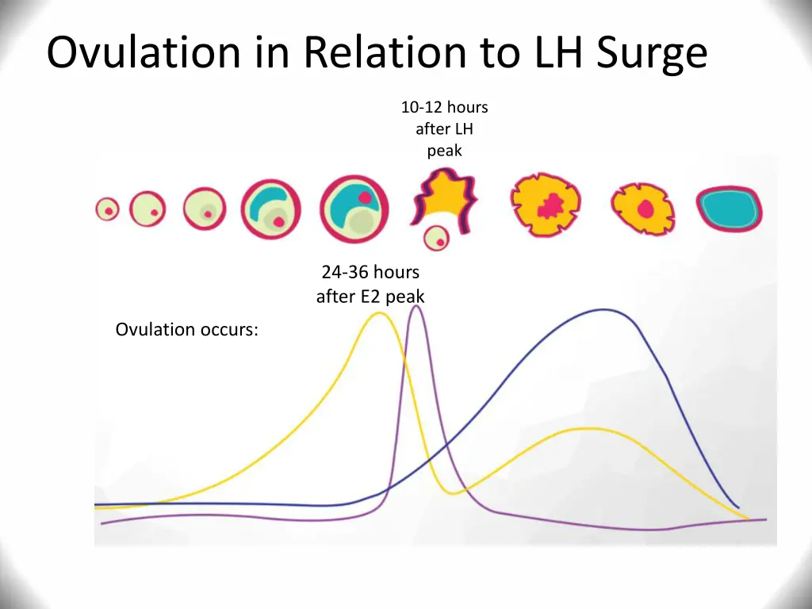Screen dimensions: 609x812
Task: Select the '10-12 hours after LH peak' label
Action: [444, 128]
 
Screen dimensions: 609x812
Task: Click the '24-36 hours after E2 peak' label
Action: [370, 284]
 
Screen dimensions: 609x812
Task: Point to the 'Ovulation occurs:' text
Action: [186, 329]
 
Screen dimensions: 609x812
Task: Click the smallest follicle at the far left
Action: [107, 209]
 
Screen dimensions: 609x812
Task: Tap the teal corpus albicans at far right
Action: [729, 209]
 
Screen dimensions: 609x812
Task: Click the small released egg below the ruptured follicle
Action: [435, 237]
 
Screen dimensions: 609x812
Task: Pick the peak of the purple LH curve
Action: [416, 307]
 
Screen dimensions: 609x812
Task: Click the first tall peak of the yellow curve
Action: [379, 313]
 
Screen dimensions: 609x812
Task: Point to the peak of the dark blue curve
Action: [604, 309]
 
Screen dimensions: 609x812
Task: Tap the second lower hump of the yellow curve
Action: [588, 429]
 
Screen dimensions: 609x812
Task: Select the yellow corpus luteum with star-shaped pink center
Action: [546, 205]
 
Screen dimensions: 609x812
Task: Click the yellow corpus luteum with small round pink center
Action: [643, 209]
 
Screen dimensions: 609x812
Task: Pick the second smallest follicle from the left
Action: [147, 210]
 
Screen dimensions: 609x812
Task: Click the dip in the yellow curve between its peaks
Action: [452, 493]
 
